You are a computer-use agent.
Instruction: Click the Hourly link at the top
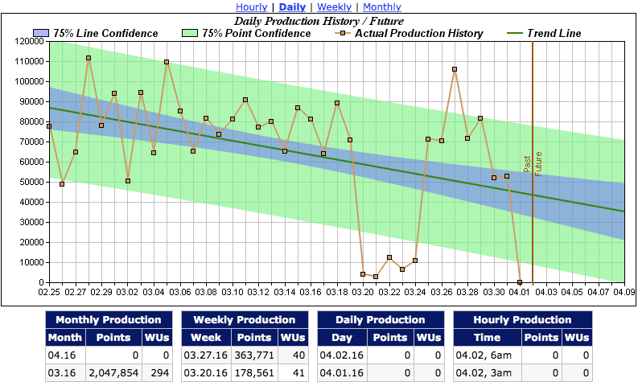tap(251, 7)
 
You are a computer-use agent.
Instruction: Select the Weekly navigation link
tap(334, 7)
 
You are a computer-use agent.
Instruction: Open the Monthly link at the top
tap(382, 7)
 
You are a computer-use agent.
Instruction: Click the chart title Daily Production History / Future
tap(319, 20)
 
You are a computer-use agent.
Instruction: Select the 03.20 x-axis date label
tap(364, 293)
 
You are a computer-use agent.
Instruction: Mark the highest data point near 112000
tap(88, 58)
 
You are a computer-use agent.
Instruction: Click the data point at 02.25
tap(49, 126)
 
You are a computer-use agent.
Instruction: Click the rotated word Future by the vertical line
tap(538, 163)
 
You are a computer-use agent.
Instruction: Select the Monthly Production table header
tap(109, 319)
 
